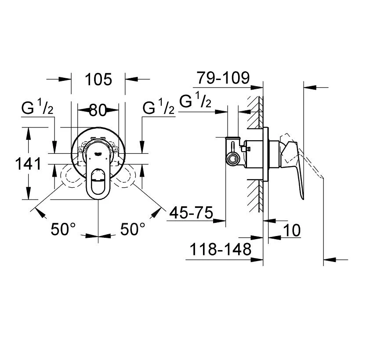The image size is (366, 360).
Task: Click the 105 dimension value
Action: [98, 80]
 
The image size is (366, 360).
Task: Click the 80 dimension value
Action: [98, 110]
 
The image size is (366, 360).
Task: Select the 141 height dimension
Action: [28, 164]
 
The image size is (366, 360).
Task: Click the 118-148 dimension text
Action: [221, 250]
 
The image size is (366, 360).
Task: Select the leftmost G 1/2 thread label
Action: [37, 108]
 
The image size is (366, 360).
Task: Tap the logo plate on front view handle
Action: [98, 153]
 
